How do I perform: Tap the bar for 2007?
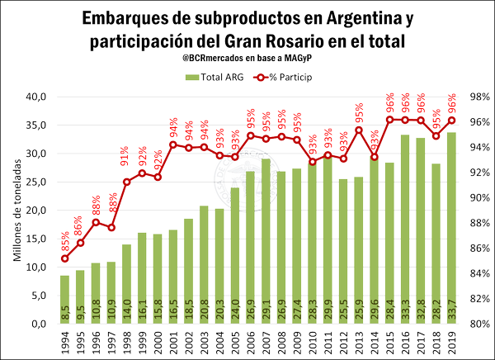266,239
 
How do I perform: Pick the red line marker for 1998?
126,182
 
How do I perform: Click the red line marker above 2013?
359,130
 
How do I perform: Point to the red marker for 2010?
312,162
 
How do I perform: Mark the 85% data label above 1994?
64,244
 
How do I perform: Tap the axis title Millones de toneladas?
17,211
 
